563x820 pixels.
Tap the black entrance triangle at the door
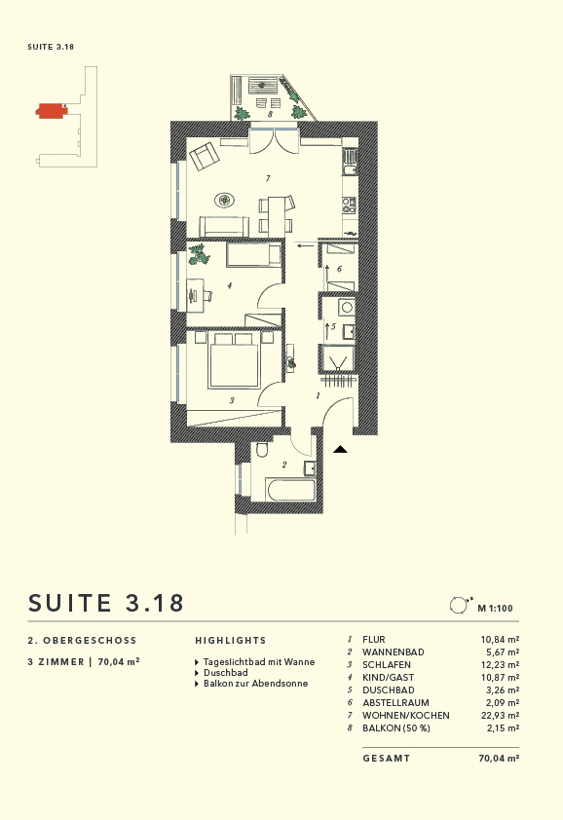pos(341,449)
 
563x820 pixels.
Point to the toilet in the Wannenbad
pos(261,451)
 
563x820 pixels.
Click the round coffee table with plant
pos(225,201)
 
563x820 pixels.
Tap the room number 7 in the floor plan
pos(266,179)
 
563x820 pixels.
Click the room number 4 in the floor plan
pos(228,285)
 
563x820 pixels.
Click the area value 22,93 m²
pos(500,716)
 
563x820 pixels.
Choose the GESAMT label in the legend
pos(387,758)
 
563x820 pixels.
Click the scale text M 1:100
pos(495,609)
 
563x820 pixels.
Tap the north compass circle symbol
pos(458,606)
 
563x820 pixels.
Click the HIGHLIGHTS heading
pos(230,641)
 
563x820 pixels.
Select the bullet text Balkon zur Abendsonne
pos(255,684)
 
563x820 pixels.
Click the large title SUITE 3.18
pos(106,603)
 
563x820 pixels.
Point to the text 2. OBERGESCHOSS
pos(83,641)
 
